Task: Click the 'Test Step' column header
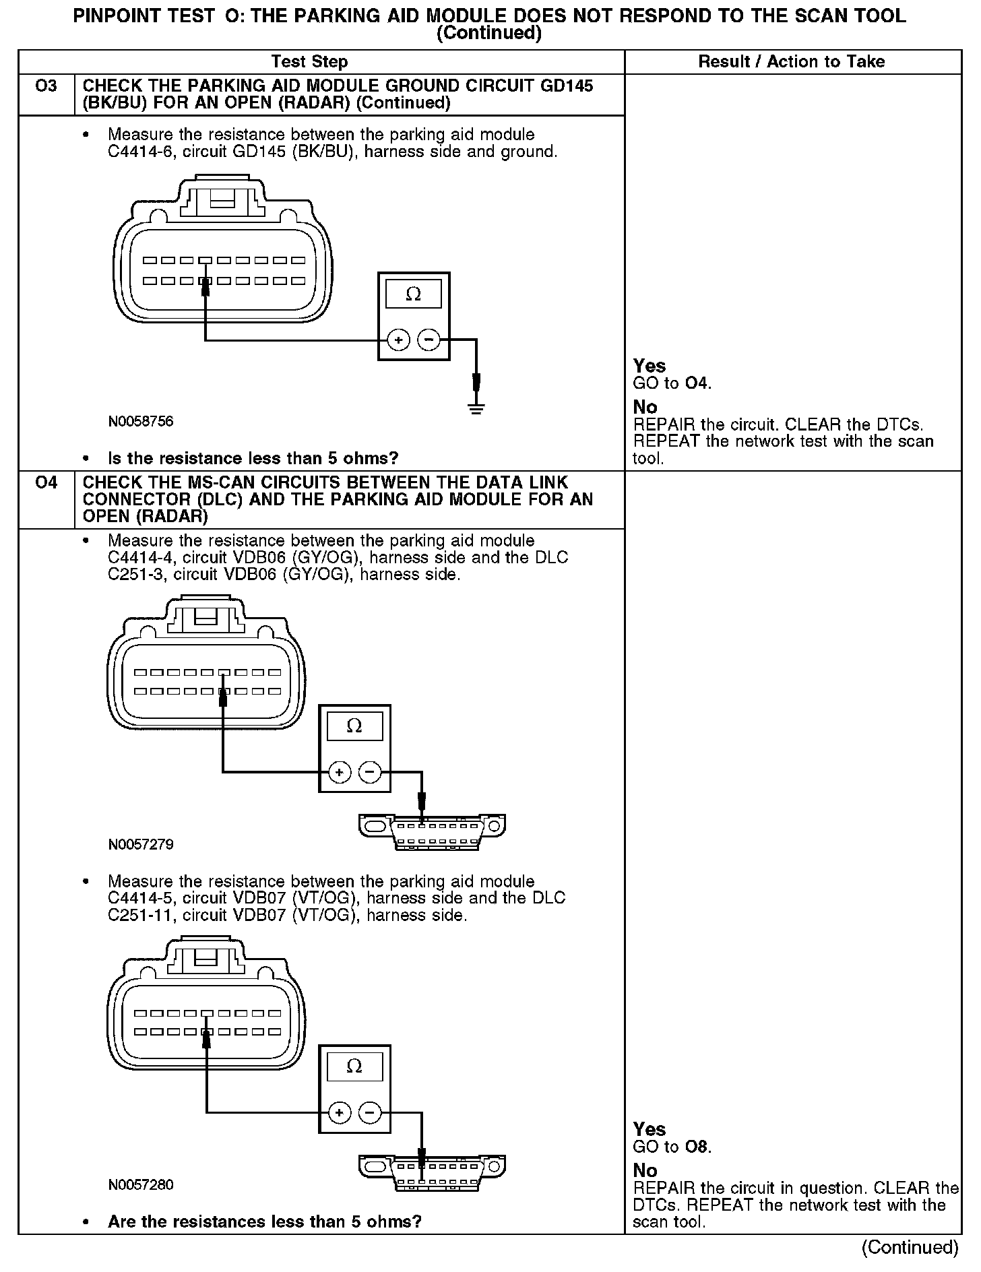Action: [309, 62]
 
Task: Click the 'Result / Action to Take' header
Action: [791, 62]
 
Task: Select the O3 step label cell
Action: [46, 87]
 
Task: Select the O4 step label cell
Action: [46, 483]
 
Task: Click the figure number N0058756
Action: [141, 422]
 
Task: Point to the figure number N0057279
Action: [141, 844]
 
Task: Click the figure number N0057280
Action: [141, 1184]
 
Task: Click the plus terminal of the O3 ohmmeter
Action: [398, 340]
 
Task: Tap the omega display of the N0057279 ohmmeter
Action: [354, 726]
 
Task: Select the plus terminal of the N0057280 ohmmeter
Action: [339, 1112]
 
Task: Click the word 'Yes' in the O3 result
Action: [650, 366]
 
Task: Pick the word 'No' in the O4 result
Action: [645, 1170]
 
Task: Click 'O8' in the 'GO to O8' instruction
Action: [697, 1147]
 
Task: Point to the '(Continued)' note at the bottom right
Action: [910, 1248]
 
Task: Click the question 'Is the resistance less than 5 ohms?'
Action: [253, 459]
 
